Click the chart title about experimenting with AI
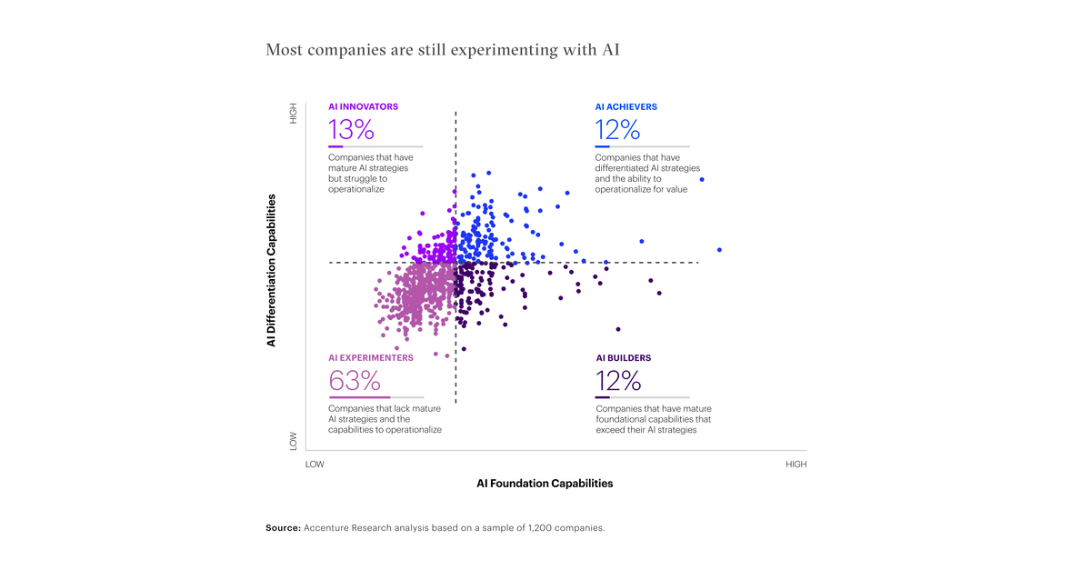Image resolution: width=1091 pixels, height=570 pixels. (442, 49)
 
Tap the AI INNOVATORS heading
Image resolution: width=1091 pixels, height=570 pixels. (363, 106)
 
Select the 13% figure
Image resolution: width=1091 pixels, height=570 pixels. (352, 130)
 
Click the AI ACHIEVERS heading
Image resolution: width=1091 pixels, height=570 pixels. (626, 106)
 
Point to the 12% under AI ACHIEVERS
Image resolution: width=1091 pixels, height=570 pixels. (618, 130)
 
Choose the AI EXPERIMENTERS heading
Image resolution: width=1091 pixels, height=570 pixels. (370, 358)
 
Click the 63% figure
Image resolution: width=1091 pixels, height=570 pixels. (355, 381)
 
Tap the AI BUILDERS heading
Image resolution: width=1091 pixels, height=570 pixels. (623, 358)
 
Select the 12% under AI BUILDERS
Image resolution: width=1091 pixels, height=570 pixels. (618, 381)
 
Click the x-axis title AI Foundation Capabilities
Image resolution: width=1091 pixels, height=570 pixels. (545, 484)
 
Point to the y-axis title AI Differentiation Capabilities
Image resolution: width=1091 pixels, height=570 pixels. (271, 270)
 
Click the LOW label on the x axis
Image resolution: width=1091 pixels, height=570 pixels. (315, 465)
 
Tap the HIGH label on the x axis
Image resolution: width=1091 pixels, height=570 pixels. (796, 465)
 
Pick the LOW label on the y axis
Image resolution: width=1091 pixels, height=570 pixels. (293, 441)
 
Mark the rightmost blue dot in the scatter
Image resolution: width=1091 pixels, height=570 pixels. (719, 250)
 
